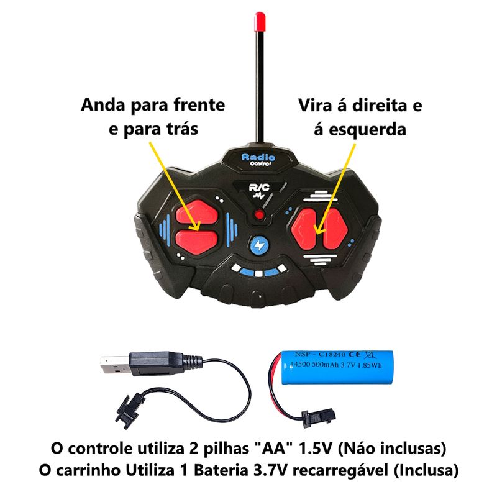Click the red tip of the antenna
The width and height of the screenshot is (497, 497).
coord(259,22)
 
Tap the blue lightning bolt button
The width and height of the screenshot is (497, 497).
coord(259,245)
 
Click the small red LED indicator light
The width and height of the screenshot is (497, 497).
coord(259,215)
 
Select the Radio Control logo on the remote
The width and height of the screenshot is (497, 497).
coord(258,160)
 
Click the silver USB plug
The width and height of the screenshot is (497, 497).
coord(115,365)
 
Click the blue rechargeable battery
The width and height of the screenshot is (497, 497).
coord(337,367)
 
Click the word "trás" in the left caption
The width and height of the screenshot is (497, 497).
coord(182,129)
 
